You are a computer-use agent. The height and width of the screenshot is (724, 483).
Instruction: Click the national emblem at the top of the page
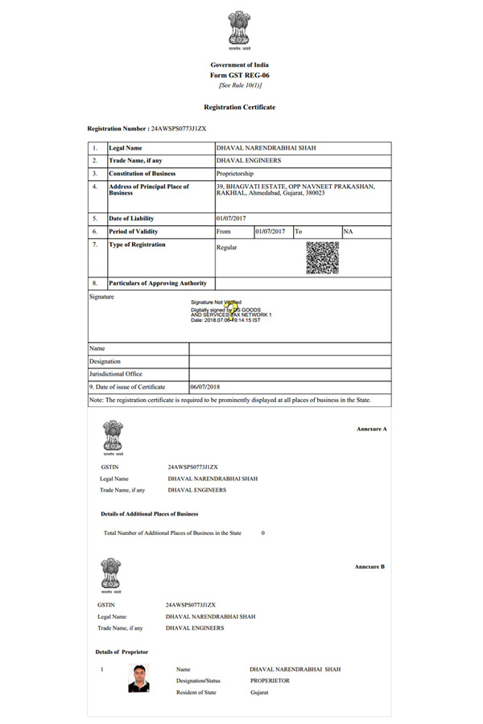[240, 30]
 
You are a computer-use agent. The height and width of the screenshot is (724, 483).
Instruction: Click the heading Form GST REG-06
[240, 75]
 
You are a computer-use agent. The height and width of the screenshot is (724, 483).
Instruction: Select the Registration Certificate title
[240, 107]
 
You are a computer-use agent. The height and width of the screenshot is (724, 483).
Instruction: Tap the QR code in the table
[322, 258]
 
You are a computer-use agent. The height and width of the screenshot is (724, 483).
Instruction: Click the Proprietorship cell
[234, 174]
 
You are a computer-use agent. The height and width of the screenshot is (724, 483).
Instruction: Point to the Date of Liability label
[131, 219]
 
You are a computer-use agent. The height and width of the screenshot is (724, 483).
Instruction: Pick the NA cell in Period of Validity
[348, 232]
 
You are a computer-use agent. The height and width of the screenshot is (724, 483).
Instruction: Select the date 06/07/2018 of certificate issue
[208, 387]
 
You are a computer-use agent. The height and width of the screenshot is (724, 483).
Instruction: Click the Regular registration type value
[227, 248]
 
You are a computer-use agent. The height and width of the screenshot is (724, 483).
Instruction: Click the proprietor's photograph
[139, 678]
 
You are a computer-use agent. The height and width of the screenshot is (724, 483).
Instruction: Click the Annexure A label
[372, 430]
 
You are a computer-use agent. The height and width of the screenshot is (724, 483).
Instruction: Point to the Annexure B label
[369, 567]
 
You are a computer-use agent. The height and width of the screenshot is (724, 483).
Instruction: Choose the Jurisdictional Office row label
[116, 374]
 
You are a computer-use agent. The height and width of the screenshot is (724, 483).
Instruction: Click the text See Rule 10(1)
[240, 85]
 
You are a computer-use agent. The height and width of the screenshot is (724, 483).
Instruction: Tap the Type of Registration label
[137, 245]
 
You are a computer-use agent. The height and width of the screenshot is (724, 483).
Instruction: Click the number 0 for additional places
[263, 533]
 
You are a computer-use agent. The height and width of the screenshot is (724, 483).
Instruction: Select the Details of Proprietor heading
[122, 652]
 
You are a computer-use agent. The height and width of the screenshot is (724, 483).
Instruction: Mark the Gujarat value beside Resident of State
[259, 693]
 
